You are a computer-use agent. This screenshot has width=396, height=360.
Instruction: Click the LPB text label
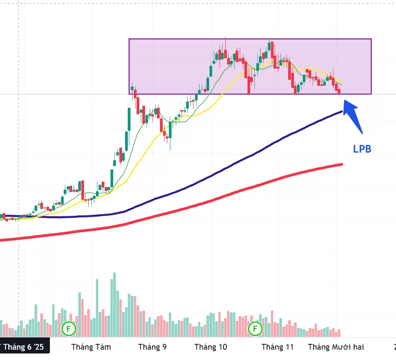362,149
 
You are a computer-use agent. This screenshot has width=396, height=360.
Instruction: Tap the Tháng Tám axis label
91,347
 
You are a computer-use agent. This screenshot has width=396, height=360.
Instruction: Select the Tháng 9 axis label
152,347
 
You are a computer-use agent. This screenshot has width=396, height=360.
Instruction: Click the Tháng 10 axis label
211,347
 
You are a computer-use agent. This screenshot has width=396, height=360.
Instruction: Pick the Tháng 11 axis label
277,347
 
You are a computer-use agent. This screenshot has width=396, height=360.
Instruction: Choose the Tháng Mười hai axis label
336,347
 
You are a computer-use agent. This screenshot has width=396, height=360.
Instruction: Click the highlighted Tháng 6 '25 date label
24,347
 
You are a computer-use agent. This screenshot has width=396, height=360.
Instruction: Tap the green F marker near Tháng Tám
69,328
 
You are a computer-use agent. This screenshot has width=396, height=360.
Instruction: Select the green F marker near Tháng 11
255,328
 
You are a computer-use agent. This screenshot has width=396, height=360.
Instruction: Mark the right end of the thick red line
342,164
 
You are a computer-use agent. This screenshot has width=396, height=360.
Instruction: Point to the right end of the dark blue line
342,112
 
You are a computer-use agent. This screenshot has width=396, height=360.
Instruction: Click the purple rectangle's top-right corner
371,39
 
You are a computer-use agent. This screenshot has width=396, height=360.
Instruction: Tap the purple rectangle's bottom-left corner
129,94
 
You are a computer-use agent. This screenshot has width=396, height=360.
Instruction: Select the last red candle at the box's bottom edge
339,91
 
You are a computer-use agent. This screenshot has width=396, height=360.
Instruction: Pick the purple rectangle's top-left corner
129,39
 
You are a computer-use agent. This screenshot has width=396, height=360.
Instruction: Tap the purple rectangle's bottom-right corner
371,94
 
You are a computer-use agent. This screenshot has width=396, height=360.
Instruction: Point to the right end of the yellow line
342,85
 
